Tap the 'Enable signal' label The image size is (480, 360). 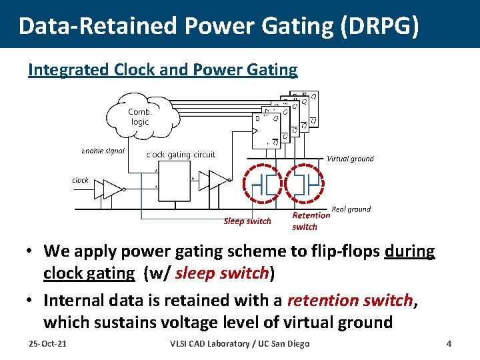click(x=103, y=151)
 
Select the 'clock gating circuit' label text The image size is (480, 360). click(x=181, y=155)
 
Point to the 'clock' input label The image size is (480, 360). click(x=80, y=180)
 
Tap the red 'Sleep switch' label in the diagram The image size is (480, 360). click(x=247, y=221)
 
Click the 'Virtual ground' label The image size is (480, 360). click(x=350, y=159)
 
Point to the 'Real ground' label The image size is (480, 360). click(x=351, y=209)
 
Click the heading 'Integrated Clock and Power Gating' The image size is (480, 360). click(x=163, y=69)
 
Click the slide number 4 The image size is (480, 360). click(x=449, y=343)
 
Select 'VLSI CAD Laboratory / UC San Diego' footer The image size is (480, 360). click(x=240, y=343)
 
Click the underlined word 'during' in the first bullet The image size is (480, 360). click(x=409, y=251)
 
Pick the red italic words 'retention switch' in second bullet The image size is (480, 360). click(x=351, y=301)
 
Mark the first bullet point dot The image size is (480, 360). click(x=31, y=252)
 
